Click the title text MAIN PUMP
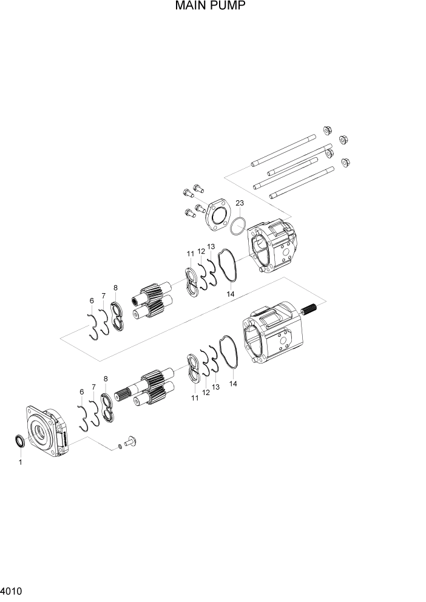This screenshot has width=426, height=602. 211,7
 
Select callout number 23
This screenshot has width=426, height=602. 240,203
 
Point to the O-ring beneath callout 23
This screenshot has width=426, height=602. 238,226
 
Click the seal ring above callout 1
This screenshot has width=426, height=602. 20,442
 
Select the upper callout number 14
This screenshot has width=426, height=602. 231,294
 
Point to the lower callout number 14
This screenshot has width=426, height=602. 233,384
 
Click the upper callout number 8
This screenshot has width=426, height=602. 115,288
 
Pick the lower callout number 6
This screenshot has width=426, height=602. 81,392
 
